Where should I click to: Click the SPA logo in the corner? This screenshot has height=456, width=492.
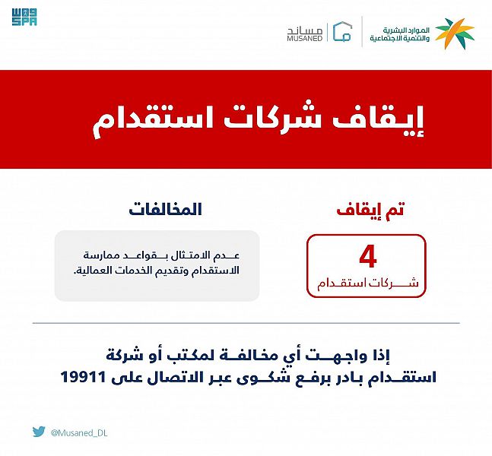tap(24, 17)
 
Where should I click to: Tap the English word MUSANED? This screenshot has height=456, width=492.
tap(305, 38)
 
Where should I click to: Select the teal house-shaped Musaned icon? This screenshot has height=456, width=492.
tap(342, 31)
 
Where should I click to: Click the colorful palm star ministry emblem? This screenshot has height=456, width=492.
tap(455, 33)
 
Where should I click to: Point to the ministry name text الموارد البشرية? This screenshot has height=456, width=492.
tap(406, 30)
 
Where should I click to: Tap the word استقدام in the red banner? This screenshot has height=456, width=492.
tap(153, 122)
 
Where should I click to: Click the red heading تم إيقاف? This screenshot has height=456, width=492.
tap(370, 210)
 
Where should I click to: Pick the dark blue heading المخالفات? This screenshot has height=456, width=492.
tap(165, 209)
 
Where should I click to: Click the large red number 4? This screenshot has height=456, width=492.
tap(368, 257)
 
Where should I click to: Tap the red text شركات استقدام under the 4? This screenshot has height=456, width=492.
tap(368, 283)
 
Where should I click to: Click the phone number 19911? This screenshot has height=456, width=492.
tap(83, 377)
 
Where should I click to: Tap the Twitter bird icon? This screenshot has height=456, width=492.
tap(39, 432)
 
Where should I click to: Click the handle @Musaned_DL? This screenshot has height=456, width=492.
tap(79, 433)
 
